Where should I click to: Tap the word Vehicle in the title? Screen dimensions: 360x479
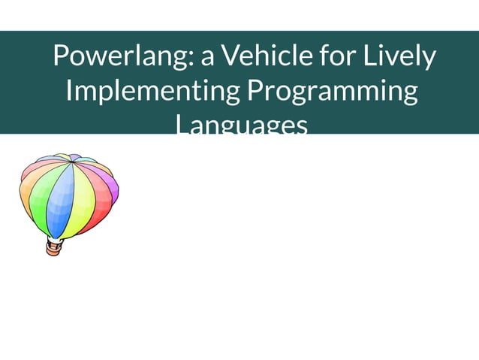pyautogui.click(x=258, y=57)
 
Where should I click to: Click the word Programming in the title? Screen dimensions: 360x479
pyautogui.click(x=331, y=92)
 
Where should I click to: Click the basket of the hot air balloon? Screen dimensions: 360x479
pyautogui.click(x=53, y=247)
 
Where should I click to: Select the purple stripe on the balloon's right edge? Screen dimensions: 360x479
pyautogui.click(x=113, y=188)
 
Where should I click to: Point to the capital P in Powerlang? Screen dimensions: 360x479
pyautogui.click(x=61, y=57)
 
